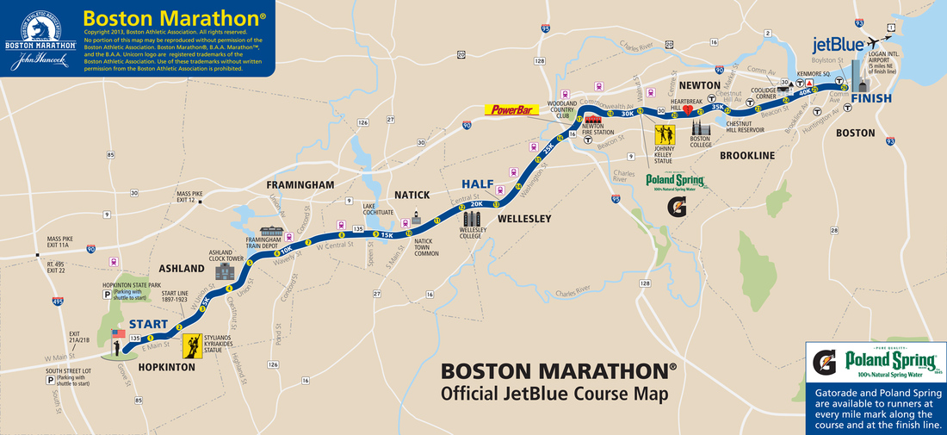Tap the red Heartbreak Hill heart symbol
point(688,109)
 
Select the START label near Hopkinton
point(148,325)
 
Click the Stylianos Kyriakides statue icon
point(190,345)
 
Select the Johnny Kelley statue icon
point(665,135)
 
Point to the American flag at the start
point(119,333)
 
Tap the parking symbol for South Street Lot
point(52,378)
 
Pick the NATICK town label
point(412,195)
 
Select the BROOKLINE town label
point(747,155)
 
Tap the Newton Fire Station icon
point(592,120)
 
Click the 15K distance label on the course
point(387,234)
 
